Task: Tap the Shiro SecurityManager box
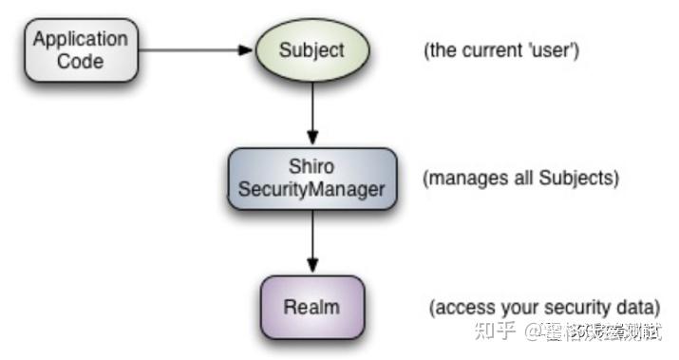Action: pos(311,178)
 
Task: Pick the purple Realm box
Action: pos(311,308)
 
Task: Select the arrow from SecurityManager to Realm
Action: pos(311,241)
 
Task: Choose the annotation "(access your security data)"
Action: pos(543,308)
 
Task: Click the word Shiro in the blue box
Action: pos(311,167)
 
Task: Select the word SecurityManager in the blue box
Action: pos(311,188)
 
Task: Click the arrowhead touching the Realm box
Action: pos(311,269)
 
